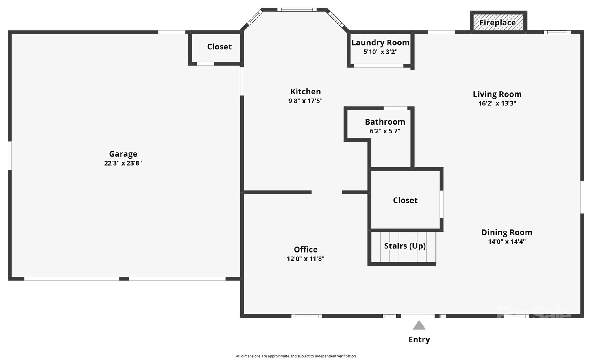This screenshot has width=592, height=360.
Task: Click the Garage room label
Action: click(x=123, y=154)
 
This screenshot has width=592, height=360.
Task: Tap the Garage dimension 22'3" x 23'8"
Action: click(x=123, y=163)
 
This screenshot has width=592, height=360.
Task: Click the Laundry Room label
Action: click(x=380, y=43)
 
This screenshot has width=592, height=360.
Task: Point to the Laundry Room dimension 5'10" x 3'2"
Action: click(x=380, y=52)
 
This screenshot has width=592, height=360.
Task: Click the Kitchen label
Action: click(x=306, y=92)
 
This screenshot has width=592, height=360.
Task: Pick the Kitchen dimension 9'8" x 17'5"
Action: click(x=306, y=101)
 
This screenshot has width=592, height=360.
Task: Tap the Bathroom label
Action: click(x=385, y=122)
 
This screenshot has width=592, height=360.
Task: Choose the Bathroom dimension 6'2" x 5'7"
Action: click(x=385, y=131)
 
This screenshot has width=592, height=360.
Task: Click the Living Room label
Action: click(x=497, y=94)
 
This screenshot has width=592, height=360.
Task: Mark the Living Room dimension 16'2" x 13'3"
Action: click(x=497, y=103)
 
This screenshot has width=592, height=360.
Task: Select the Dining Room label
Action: click(x=507, y=232)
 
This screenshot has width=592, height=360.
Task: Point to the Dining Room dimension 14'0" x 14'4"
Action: click(x=507, y=241)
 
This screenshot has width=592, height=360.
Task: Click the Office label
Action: click(x=306, y=249)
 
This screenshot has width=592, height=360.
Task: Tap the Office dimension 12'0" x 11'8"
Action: click(x=306, y=259)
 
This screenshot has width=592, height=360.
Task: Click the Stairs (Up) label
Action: click(x=405, y=246)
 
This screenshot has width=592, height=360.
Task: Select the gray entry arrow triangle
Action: click(x=419, y=325)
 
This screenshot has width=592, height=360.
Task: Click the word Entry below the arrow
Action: click(x=419, y=339)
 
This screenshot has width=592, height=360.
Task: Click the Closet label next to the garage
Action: click(x=219, y=47)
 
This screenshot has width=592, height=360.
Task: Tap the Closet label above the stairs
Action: click(x=405, y=200)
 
